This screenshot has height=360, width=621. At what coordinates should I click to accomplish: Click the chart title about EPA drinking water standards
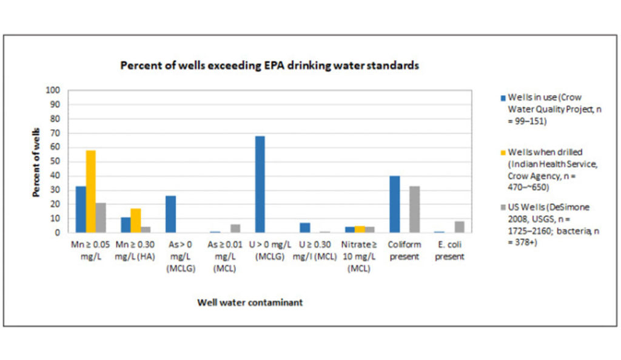click(x=269, y=65)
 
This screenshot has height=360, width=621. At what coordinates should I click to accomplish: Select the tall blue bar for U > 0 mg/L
click(x=260, y=184)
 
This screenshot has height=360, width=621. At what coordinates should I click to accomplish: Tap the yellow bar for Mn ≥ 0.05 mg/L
click(x=91, y=192)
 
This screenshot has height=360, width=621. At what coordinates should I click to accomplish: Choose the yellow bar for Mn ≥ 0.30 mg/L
click(x=136, y=221)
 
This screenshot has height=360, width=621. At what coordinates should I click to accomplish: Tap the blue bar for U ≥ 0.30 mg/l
click(x=304, y=227)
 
